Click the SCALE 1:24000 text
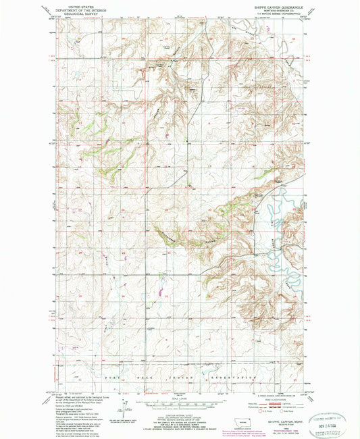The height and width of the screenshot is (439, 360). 180,397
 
